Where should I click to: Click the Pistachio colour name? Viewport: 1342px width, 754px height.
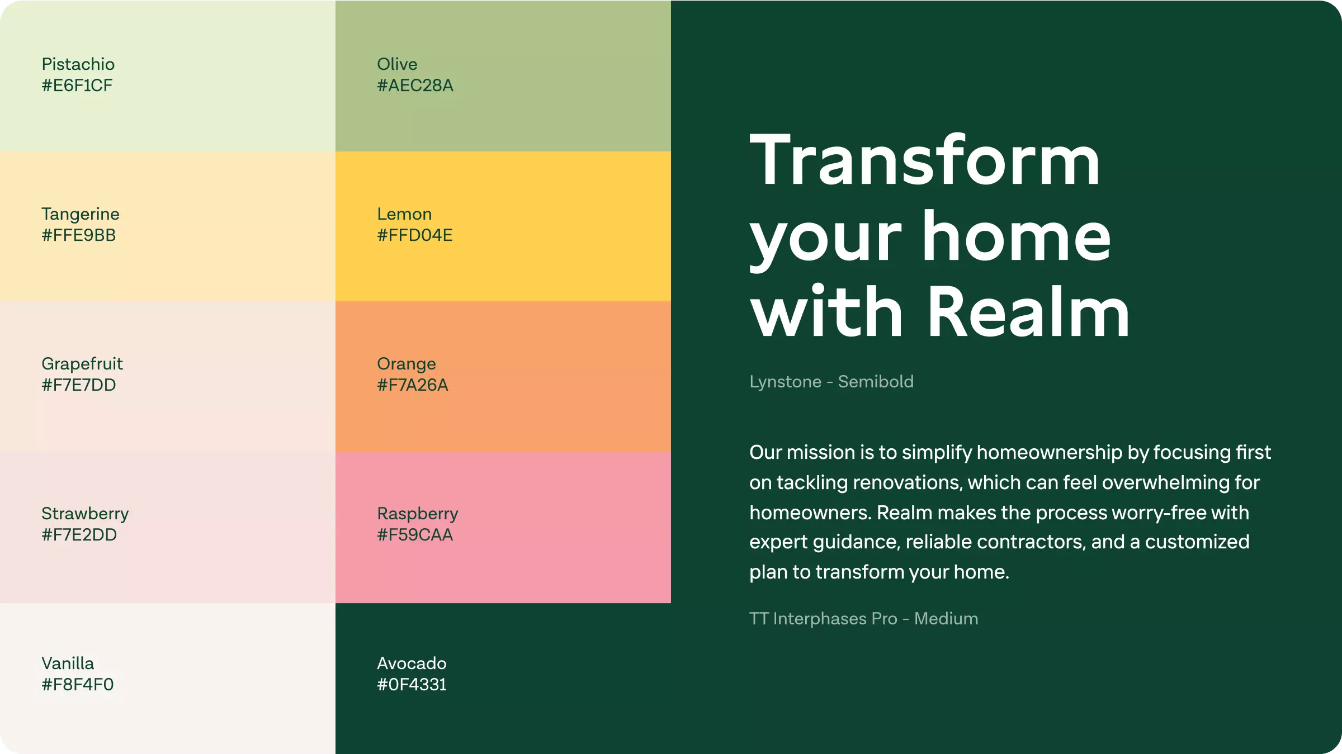pos(78,64)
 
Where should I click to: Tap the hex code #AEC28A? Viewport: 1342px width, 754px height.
pos(415,86)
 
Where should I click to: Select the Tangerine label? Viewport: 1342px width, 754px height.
pos(81,214)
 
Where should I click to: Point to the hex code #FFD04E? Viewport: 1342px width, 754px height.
pos(415,235)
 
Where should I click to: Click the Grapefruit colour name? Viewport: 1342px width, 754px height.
pos(82,364)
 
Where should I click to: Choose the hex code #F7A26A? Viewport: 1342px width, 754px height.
pos(413,385)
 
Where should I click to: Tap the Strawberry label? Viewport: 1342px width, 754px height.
pos(85,514)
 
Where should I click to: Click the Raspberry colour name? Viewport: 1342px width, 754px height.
pos(418,514)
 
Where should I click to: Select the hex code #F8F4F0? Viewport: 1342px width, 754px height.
pos(78,685)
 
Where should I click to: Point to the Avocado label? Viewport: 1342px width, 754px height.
pos(412,663)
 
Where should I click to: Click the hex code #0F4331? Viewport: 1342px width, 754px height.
pos(412,685)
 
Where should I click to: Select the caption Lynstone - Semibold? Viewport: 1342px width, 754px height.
pos(831,382)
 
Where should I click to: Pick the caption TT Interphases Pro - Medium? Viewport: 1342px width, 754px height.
pos(864,619)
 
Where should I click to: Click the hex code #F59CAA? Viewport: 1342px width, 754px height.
pos(415,535)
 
